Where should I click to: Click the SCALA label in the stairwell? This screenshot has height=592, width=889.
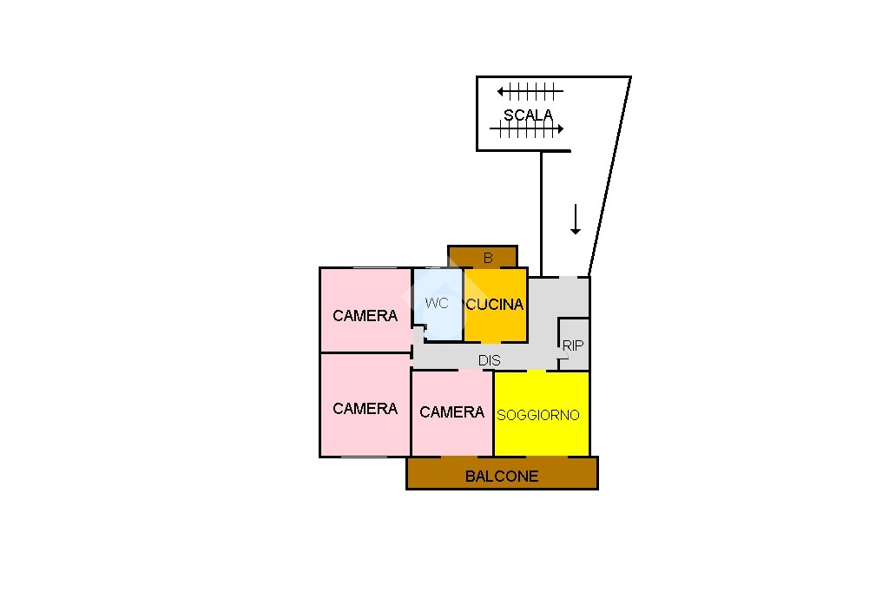(528, 115)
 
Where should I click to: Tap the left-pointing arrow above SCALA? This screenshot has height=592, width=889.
(530, 91)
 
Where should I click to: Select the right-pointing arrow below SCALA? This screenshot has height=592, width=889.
(527, 129)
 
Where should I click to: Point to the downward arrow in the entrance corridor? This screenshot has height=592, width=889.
(576, 219)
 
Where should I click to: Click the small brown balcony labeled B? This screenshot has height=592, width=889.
(483, 257)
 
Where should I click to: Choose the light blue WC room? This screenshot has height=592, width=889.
(438, 305)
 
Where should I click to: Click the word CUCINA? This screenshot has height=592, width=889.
(494, 305)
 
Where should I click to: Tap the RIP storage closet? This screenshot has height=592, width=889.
(574, 345)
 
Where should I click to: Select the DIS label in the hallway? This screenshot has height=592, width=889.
(490, 360)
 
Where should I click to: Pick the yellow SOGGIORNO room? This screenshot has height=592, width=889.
(542, 413)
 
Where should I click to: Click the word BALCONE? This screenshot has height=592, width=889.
(502, 477)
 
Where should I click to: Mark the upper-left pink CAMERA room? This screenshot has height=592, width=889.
(365, 310)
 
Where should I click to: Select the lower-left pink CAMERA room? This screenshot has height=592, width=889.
(365, 405)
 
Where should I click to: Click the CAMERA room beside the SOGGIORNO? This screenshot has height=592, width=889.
(451, 413)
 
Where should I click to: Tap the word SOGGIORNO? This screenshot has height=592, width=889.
(538, 415)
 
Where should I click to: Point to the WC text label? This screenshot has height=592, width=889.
(437, 303)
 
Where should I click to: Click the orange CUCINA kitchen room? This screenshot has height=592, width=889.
(496, 305)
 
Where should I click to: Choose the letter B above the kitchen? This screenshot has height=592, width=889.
(488, 258)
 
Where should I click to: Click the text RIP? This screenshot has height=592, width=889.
(573, 345)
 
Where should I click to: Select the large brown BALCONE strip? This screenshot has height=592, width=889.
(503, 473)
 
